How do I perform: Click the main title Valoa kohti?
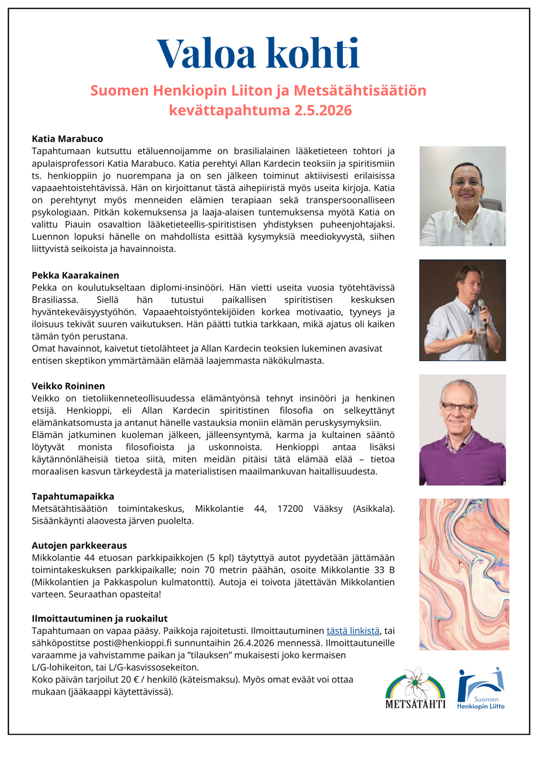coord(258,54)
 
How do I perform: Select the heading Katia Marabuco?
coord(67,139)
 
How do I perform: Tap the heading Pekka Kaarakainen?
coord(75,275)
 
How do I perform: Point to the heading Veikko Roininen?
coord(68,386)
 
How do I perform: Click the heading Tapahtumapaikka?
coord(73,496)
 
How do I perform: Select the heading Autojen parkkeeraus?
coord(79,545)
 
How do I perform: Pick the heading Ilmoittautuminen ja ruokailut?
coord(100,618)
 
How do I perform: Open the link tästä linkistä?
coord(353,631)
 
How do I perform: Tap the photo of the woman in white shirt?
coord(463,196)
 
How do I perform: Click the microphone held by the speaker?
coord(482,306)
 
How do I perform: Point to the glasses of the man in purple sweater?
coord(457,407)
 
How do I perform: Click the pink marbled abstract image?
coord(464,574)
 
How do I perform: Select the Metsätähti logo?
coord(415,688)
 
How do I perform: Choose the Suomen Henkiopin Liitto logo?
coord(480,688)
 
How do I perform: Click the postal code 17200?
coord(290,509)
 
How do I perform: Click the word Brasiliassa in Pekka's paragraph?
coord(55,300)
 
